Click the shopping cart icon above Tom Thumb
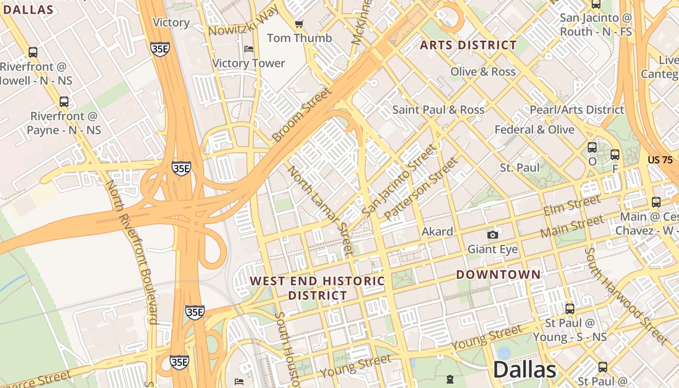pyautogui.click(x=299, y=24)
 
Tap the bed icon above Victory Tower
pyautogui.click(x=249, y=49)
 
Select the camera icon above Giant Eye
pyautogui.click(x=493, y=235)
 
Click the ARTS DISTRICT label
pyautogui.click(x=468, y=45)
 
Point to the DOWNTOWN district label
pyautogui.click(x=498, y=275)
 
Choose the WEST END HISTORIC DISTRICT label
pyautogui.click(x=317, y=288)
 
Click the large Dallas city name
pyautogui.click(x=524, y=370)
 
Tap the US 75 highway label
pyautogui.click(x=660, y=160)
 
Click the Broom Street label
pyautogui.click(x=302, y=115)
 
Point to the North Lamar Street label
pyautogui.click(x=320, y=210)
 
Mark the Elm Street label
pyautogui.click(x=572, y=205)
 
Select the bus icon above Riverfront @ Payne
pyautogui.click(x=64, y=102)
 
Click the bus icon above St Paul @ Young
pyautogui.click(x=570, y=308)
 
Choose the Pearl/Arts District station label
pyautogui.click(x=576, y=110)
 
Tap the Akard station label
pyautogui.click(x=437, y=231)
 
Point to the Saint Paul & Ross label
pyautogui.click(x=438, y=110)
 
